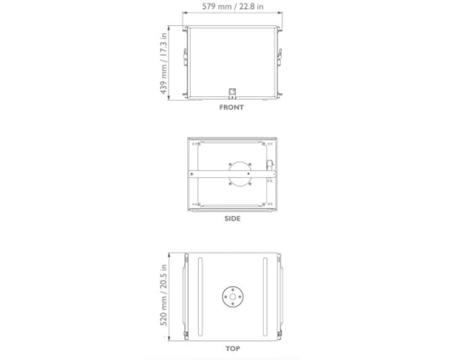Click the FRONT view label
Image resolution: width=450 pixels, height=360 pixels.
[231, 106]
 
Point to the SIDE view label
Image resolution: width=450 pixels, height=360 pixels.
[231, 218]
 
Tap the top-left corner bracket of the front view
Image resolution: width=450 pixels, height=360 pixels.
[186, 30]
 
